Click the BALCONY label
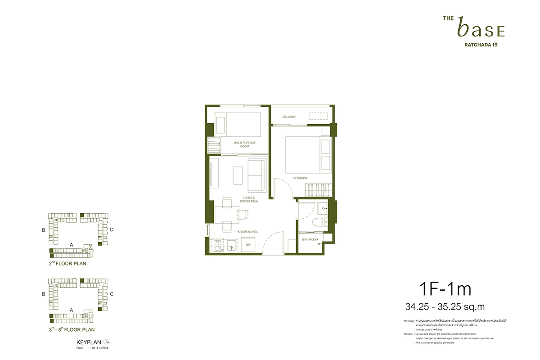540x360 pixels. click(x=289, y=117)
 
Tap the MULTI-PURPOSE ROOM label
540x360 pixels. click(x=244, y=144)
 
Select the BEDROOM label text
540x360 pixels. click(x=300, y=178)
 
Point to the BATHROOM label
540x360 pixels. click(x=310, y=239)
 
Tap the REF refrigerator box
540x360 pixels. click(x=247, y=245)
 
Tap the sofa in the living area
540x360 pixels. click(x=257, y=175)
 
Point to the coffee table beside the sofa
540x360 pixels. click(x=239, y=175)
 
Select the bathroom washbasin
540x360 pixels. click(x=323, y=207)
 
